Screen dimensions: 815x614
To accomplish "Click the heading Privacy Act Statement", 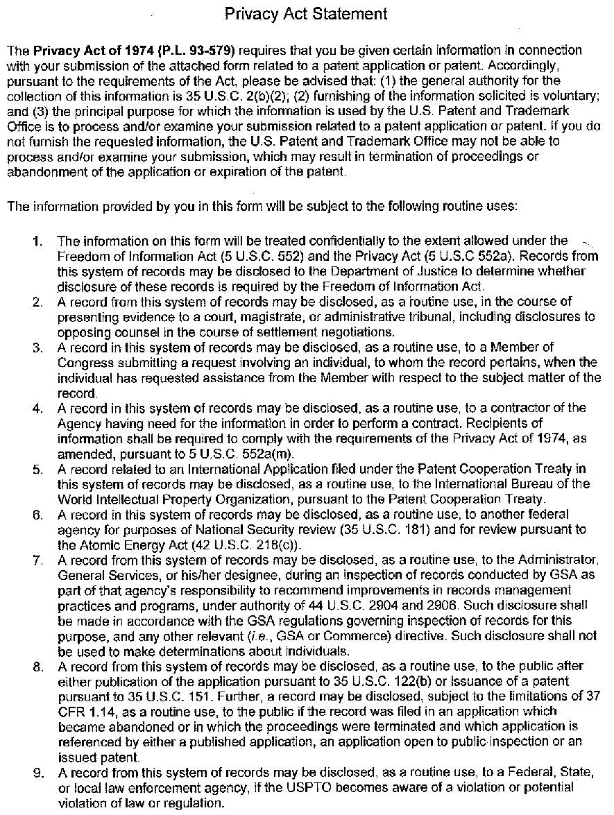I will (x=306, y=13).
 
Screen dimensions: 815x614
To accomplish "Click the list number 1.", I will (x=37, y=241).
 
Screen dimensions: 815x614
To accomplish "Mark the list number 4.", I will (x=37, y=408).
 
